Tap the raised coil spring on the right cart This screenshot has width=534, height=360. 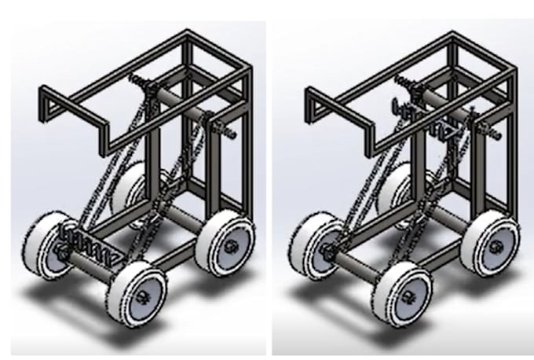430,125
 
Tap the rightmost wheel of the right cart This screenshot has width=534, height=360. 492,241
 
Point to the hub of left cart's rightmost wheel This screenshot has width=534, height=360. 230,247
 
